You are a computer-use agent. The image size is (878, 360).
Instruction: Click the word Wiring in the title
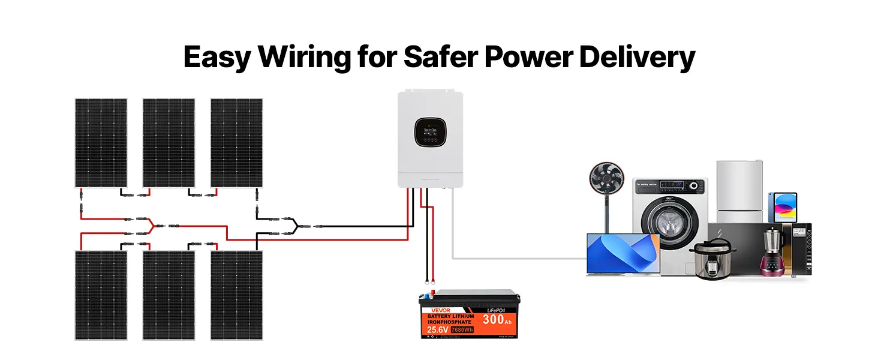pyautogui.click(x=305, y=57)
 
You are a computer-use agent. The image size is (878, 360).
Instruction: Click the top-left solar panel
pyautogui.click(x=101, y=143)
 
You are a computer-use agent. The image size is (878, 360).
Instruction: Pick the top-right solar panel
pyautogui.click(x=236, y=143)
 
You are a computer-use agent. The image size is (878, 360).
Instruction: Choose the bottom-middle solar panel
pyautogui.click(x=169, y=295)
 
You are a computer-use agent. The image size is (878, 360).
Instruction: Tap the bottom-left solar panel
pyautogui.click(x=101, y=295)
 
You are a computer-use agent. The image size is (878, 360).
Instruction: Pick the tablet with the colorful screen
pyautogui.click(x=783, y=207)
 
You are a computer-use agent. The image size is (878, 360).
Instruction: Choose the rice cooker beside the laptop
pyautogui.click(x=711, y=259)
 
